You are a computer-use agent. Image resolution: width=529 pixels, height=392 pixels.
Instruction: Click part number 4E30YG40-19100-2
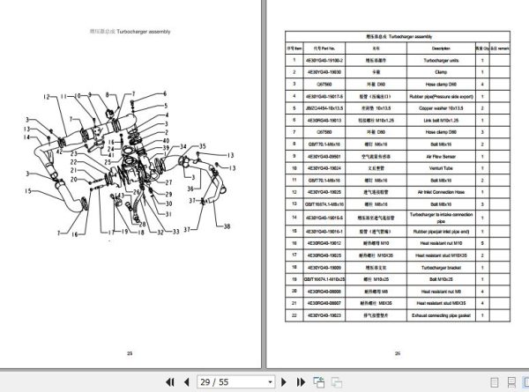(x=324, y=60)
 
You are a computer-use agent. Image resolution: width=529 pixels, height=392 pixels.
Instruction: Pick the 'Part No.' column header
(x=324, y=48)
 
